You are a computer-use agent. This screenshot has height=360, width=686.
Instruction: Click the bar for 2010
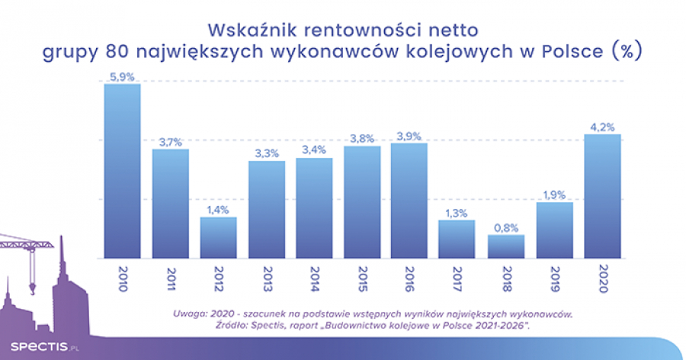pyautogui.click(x=122, y=172)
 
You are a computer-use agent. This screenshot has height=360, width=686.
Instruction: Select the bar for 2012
pyautogui.click(x=218, y=238)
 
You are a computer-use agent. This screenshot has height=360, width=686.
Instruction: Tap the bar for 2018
pyautogui.click(x=505, y=247)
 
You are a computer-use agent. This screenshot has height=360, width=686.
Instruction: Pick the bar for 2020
pyautogui.click(x=601, y=197)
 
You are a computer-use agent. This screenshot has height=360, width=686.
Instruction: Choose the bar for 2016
pyautogui.click(x=409, y=201)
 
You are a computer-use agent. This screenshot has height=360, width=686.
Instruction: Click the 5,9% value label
pyautogui.click(x=122, y=76)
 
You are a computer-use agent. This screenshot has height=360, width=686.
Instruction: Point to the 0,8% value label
pyautogui.click(x=505, y=227)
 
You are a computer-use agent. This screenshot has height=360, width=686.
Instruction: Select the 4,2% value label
pyautogui.click(x=601, y=127)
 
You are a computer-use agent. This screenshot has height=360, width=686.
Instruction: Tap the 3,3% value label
pyautogui.click(x=266, y=153)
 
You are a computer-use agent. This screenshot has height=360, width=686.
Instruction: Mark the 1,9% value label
pyautogui.click(x=553, y=194)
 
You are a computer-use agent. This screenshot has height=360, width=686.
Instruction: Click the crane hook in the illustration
pyautogui.click(x=33, y=288)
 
